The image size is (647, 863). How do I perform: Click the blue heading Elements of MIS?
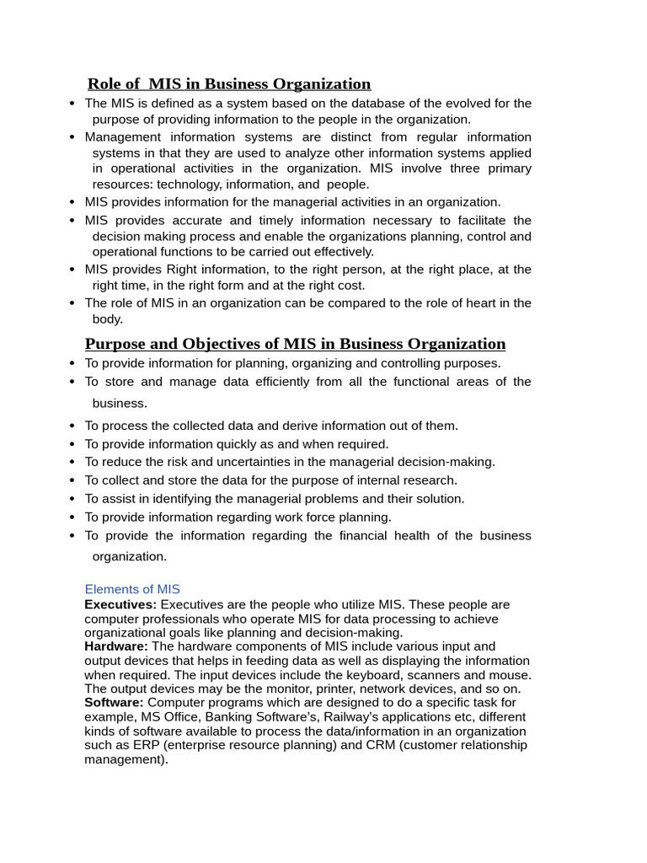coord(132,590)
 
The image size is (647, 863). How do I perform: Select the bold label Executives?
coord(120,605)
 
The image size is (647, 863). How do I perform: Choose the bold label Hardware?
coord(116,646)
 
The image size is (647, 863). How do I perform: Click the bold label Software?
coord(114,703)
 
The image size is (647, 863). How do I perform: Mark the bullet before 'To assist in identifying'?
coord(73,499)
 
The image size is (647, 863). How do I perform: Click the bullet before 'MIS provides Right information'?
coord(73,270)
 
